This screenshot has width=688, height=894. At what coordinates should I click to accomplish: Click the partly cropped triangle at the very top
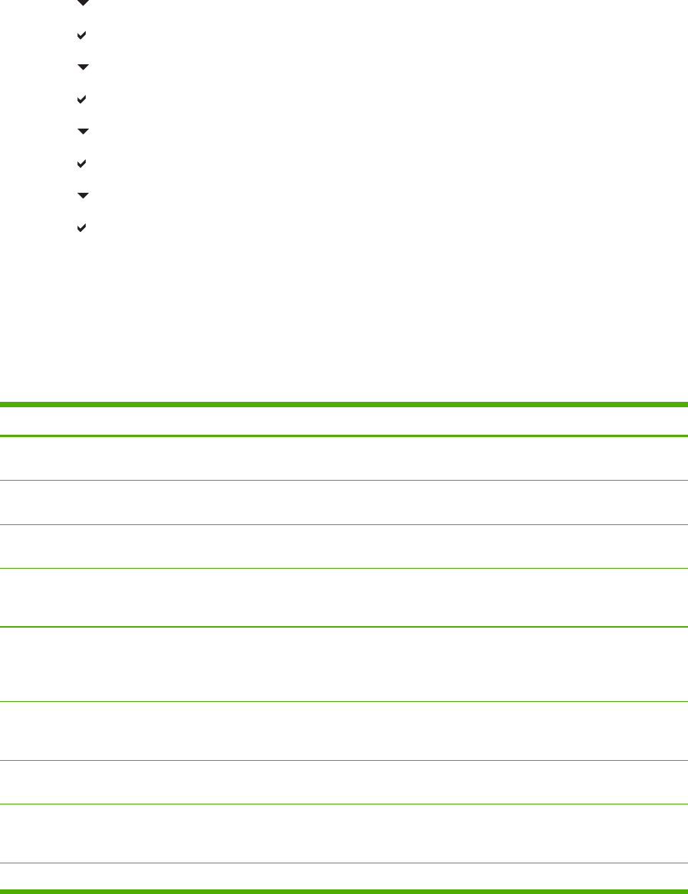[x=83, y=3]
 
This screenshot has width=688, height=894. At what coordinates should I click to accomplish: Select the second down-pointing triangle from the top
[x=83, y=67]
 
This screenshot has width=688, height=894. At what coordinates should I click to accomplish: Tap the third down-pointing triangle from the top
[x=83, y=132]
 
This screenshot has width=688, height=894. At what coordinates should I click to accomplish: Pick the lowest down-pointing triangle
[x=83, y=196]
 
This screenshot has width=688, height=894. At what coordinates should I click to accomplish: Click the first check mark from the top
[x=82, y=35]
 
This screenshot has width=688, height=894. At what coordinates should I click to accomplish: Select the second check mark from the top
[x=82, y=100]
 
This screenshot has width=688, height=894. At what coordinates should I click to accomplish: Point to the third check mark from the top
[x=82, y=164]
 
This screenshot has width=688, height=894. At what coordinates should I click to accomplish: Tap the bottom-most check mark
[x=82, y=228]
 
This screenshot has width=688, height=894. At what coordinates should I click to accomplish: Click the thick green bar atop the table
[x=344, y=404]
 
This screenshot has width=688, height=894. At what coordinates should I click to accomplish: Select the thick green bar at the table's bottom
[x=344, y=890]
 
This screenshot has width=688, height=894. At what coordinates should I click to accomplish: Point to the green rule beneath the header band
[x=344, y=436]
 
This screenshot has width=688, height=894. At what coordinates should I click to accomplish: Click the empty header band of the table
[x=344, y=420]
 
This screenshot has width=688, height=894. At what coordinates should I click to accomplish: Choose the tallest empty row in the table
[x=344, y=664]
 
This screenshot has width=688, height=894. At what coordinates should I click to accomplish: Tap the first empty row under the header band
[x=344, y=458]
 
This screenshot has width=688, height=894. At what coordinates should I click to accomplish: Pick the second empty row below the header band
[x=344, y=502]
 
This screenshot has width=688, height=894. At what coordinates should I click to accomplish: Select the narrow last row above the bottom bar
[x=344, y=876]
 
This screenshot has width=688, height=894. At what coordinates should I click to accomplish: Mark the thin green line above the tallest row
[x=344, y=627]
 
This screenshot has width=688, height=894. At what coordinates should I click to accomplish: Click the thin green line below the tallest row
[x=344, y=701]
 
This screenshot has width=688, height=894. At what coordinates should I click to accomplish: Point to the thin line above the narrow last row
[x=344, y=863]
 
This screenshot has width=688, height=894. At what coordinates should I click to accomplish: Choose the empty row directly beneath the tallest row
[x=344, y=730]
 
